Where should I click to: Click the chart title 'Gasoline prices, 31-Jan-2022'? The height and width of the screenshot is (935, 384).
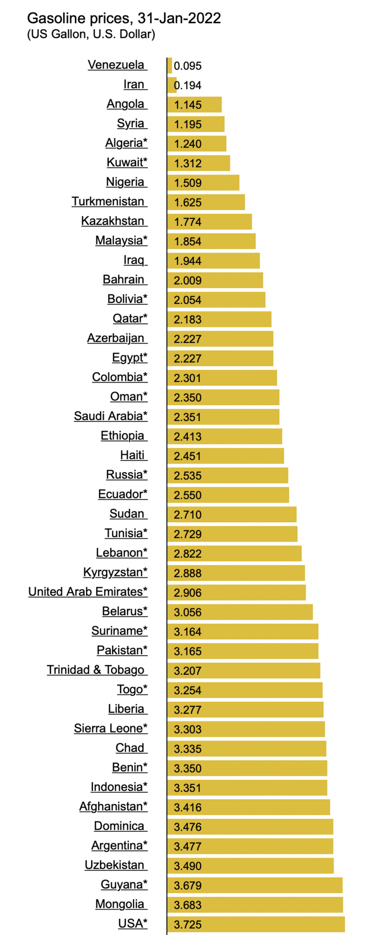tap(124, 18)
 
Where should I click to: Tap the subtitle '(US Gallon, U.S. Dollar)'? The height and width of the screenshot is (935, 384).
tap(91, 34)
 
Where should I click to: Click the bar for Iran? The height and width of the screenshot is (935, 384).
tap(172, 85)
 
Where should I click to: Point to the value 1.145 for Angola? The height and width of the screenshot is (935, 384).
tap(187, 105)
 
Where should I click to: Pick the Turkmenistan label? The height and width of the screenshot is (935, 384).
tap(108, 202)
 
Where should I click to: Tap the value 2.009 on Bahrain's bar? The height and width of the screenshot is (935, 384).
tap(187, 281)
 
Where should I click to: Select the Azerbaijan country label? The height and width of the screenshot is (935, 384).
tap(116, 338)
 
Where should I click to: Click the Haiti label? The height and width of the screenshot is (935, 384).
tap(133, 455)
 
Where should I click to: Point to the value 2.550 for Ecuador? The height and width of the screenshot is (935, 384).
tap(187, 495)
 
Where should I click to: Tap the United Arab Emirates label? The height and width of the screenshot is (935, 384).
tap(88, 592)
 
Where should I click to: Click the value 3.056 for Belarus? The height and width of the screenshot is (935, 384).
tap(187, 612)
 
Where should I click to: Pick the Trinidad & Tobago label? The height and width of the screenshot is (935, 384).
tap(96, 670)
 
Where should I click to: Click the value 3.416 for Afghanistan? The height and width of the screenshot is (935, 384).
tap(187, 808)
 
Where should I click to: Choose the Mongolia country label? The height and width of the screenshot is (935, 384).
tap(120, 904)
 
